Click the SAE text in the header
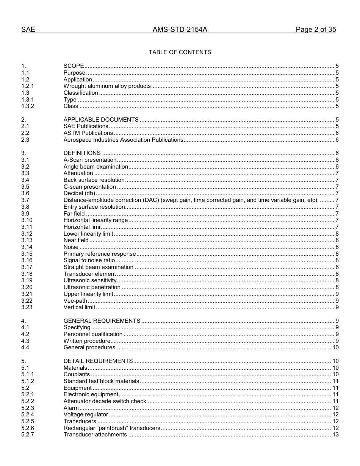pos(28,30)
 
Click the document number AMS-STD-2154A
pos(180,30)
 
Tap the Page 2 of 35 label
pos(316,30)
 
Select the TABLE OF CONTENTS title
pos(180,52)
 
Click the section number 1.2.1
pos(28,86)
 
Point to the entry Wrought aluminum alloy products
pos(107,86)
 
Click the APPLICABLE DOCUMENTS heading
pos(101,120)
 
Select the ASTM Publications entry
pos(88,133)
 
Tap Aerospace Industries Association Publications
pos(123,140)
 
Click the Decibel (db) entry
pos(79,193)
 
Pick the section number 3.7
pos(25,200)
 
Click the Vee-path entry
pos(75,301)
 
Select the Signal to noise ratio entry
pos(89,260)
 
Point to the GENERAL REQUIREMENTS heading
pos(102,321)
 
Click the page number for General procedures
pos(335,347)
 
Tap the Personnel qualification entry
pos(93,334)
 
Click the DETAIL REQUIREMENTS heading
pos(98,361)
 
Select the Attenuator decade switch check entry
pos(105,401)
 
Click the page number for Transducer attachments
pos(335,435)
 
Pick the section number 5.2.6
pos(28,428)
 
